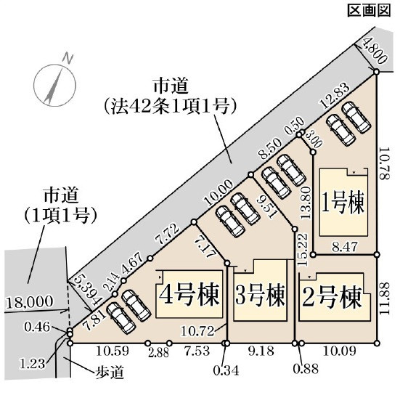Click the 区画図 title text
[x=369, y=10]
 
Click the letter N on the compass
[x=68, y=58]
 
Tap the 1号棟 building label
[x=343, y=202]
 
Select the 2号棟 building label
[x=332, y=297]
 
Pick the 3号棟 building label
[x=260, y=296]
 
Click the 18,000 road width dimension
[x=30, y=302]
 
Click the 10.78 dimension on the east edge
[x=384, y=163]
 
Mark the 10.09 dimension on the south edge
[x=339, y=351]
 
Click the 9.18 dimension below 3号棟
[x=261, y=351]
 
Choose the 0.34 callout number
[x=226, y=370]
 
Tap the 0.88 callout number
[x=306, y=369]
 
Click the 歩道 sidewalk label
[x=110, y=372]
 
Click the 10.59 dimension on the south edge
[x=113, y=351]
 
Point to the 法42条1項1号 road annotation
[x=170, y=106]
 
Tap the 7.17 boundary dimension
[x=205, y=247]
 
